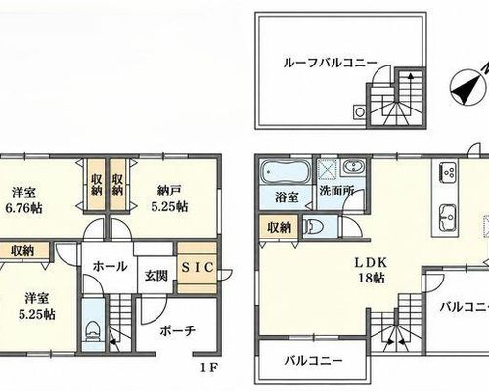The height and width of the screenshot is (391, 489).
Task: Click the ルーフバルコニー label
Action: click(x=331, y=63)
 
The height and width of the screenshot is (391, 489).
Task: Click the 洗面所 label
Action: click(x=336, y=192)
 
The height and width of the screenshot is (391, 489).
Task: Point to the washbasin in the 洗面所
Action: click(x=353, y=168)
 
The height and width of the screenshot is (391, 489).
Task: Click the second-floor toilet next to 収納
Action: click(x=314, y=226)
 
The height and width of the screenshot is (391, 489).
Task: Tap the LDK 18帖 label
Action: click(x=372, y=270)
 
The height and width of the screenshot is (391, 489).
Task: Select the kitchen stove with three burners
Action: click(x=449, y=172)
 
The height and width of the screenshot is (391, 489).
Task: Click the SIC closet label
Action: click(x=198, y=268)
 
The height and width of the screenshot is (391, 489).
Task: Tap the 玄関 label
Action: click(x=156, y=276)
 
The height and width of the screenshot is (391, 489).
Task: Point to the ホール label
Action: click(x=110, y=267)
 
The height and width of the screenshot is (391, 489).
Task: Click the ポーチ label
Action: click(x=178, y=331)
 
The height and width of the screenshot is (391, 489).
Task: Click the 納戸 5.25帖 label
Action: click(x=169, y=198)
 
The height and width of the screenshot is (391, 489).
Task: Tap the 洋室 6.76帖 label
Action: click(x=23, y=200)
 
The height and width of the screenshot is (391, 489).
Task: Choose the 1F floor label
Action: click(x=208, y=369)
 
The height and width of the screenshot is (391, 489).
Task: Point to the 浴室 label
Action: click(x=287, y=197)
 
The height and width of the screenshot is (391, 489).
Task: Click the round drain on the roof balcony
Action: click(x=360, y=112)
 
